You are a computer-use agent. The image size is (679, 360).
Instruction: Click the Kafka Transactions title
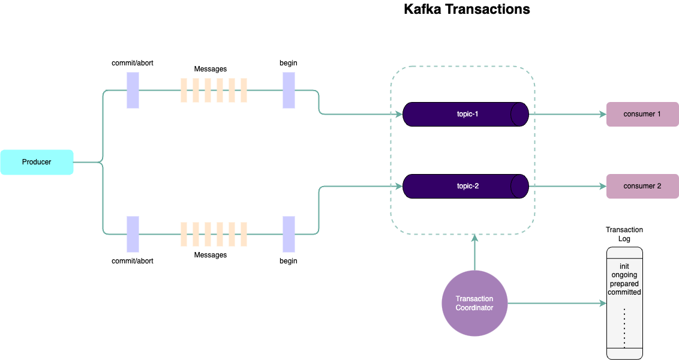(467, 10)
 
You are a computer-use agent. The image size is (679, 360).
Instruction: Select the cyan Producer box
(37, 162)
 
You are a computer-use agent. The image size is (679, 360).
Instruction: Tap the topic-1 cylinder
(465, 114)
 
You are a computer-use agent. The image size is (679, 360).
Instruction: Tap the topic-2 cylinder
(465, 186)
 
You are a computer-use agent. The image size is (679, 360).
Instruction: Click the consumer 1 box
(642, 114)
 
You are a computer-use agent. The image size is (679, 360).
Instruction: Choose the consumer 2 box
(642, 186)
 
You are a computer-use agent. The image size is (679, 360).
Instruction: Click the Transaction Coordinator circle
(474, 304)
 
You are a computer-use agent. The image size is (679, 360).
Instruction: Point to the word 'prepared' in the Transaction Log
(624, 284)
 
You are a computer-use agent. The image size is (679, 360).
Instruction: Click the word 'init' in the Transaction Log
(624, 266)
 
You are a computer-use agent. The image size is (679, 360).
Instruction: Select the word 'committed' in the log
(624, 292)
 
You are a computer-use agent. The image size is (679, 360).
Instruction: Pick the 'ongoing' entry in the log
(624, 275)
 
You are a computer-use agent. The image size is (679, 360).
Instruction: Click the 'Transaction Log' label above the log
(624, 234)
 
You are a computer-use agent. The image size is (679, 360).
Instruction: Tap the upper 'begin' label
(289, 63)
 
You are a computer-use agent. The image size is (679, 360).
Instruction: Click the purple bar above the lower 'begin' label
(289, 234)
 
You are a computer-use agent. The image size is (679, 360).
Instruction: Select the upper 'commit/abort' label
(133, 63)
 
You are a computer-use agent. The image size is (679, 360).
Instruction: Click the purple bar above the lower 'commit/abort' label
(133, 234)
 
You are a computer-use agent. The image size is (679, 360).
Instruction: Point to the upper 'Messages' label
(211, 69)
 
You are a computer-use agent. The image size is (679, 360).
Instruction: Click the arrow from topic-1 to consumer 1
(567, 114)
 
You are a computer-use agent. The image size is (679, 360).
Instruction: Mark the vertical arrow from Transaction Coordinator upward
(474, 252)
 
